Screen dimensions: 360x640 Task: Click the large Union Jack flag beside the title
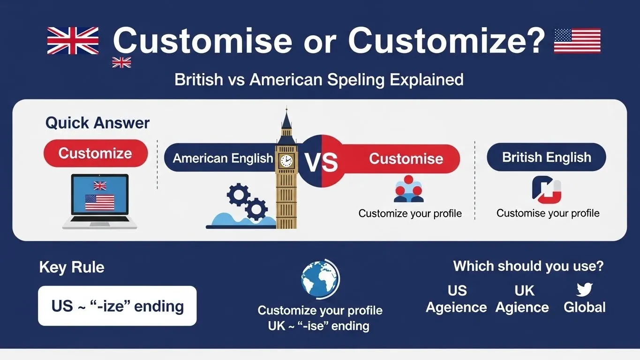pos(73,40)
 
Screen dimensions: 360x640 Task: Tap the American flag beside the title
pos(577,40)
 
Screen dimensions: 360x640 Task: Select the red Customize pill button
pos(95,153)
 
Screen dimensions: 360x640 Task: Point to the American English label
pos(222,158)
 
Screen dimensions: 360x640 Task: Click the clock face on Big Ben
pos(286,161)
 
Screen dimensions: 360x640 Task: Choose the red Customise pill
pos(406,158)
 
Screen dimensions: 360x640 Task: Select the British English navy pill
pos(546,157)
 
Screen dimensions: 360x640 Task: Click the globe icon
pos(320,280)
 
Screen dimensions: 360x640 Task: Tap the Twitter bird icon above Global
pos(584,289)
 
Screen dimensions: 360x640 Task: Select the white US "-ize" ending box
pos(117,306)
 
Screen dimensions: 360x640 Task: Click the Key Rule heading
pos(72,267)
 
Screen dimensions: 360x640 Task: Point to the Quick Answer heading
pos(98,123)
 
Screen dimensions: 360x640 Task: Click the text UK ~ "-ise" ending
pos(318,325)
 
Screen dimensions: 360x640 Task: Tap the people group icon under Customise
pos(408,189)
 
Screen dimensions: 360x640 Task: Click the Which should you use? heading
pos(528,266)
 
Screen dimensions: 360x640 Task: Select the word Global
pos(584,307)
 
